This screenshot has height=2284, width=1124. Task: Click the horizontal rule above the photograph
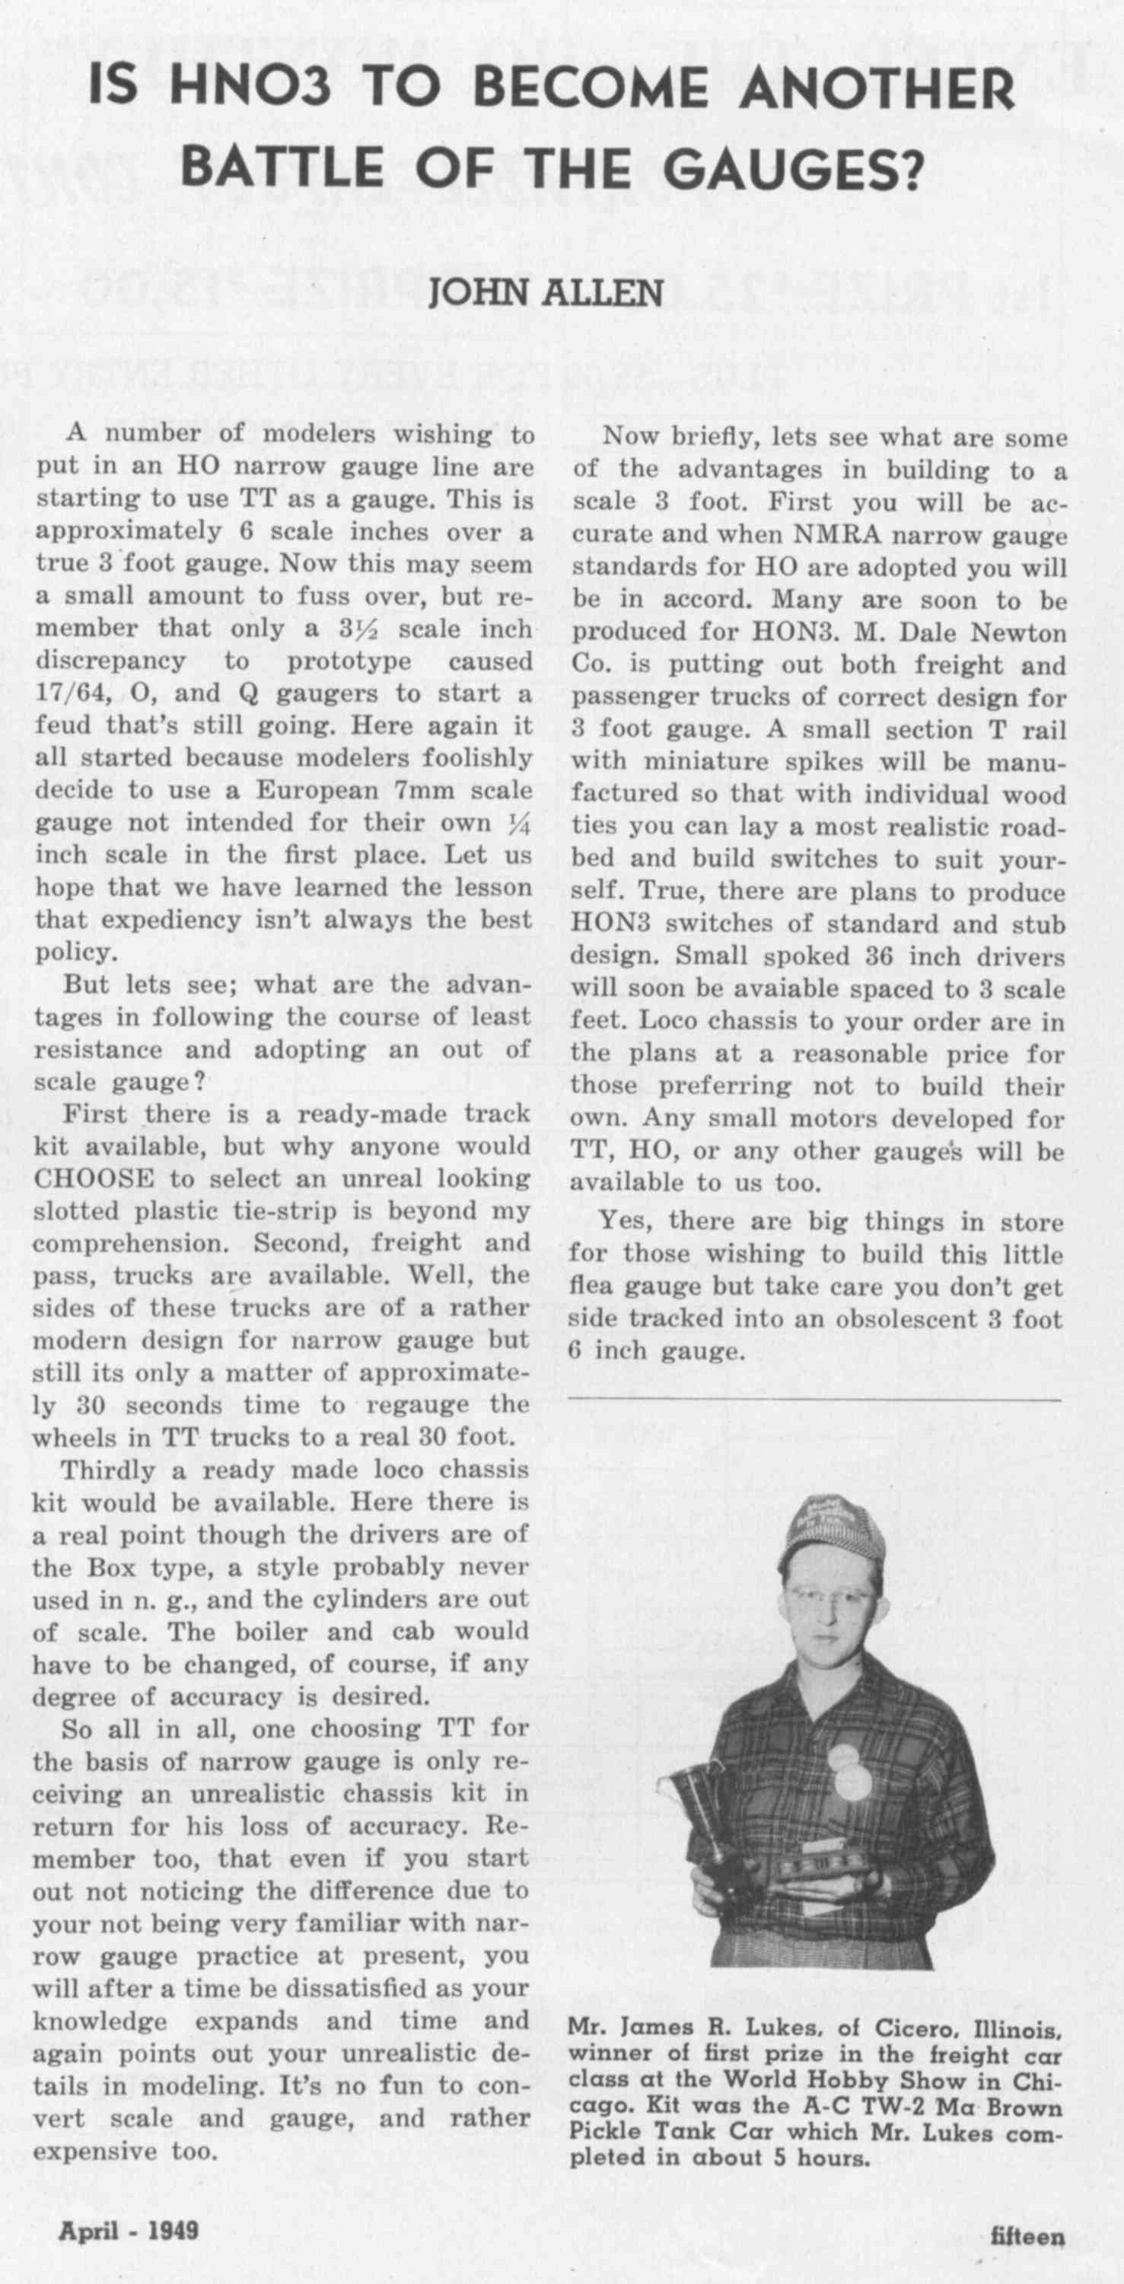(x=814, y=1400)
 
